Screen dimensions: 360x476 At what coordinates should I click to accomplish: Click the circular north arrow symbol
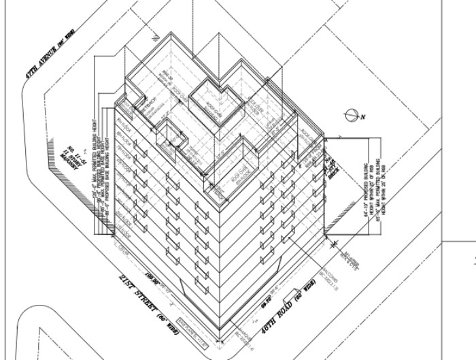pyautogui.click(x=352, y=115)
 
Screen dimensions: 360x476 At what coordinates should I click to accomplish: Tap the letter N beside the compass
pyautogui.click(x=364, y=117)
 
